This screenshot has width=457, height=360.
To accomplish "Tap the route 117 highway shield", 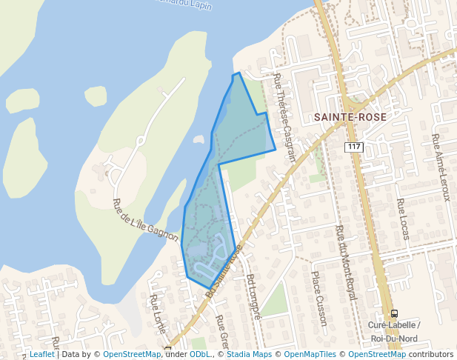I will pyautogui.click(x=354, y=147).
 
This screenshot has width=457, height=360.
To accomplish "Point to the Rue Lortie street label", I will pyautogui.click(x=156, y=311).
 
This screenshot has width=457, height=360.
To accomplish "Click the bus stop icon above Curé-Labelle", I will pyautogui.click(x=394, y=313).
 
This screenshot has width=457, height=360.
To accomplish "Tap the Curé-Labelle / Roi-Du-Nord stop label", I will pyautogui.click(x=394, y=332).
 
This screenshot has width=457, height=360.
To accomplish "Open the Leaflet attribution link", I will pyautogui.click(x=41, y=354).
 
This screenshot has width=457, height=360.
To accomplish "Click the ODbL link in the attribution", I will pyautogui.click(x=200, y=354).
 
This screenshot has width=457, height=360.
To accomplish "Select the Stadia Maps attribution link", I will pyautogui.click(x=252, y=354).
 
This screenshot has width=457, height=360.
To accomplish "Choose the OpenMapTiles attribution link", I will pyautogui.click(x=309, y=354).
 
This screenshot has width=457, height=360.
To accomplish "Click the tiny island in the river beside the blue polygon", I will pyautogui.click(x=198, y=139).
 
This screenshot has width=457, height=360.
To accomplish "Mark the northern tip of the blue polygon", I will pyautogui.click(x=238, y=73).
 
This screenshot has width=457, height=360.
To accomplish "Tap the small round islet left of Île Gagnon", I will pyautogui.click(x=96, y=96).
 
